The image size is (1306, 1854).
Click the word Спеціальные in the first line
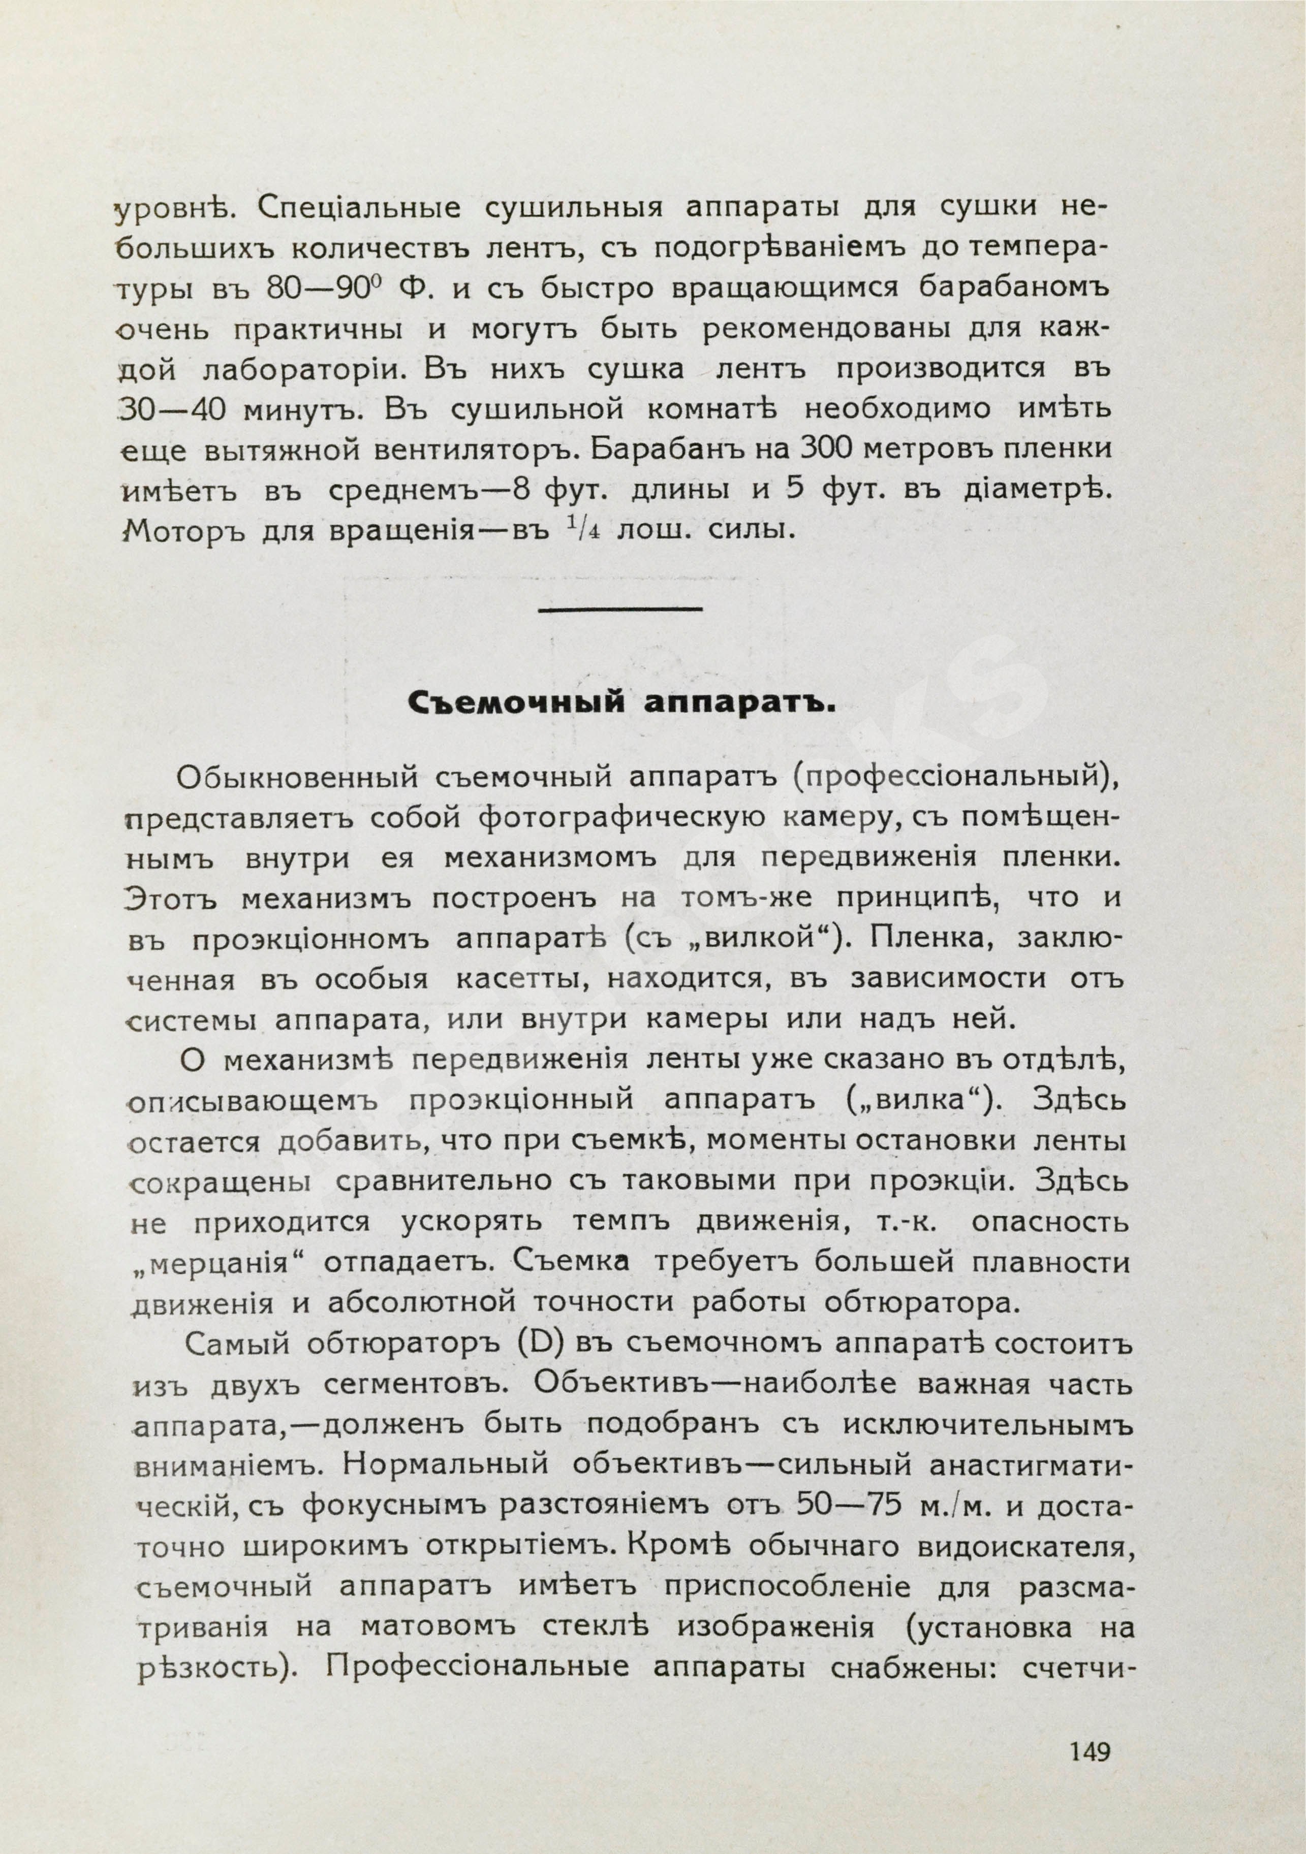coord(359,208)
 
